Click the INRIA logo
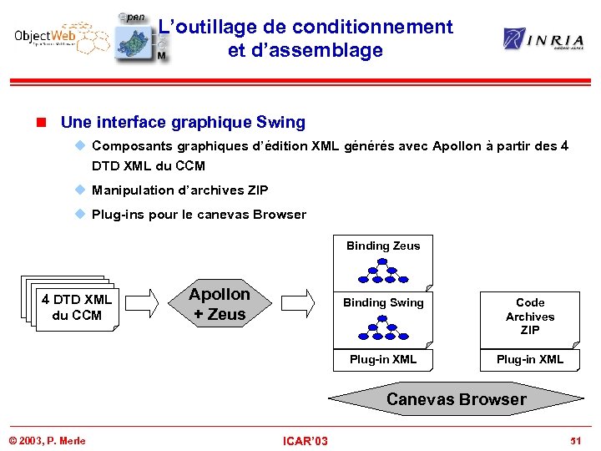(543, 38)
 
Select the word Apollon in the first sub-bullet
(457, 146)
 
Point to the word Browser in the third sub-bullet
(279, 215)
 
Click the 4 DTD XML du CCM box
(76, 307)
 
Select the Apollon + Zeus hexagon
(219, 304)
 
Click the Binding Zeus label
(383, 246)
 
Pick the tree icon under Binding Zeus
(383, 270)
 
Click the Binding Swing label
(383, 302)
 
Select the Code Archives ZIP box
(530, 317)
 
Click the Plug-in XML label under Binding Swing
(383, 360)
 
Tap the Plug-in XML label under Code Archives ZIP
(530, 360)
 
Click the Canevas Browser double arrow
(457, 399)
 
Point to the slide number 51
(575, 440)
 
